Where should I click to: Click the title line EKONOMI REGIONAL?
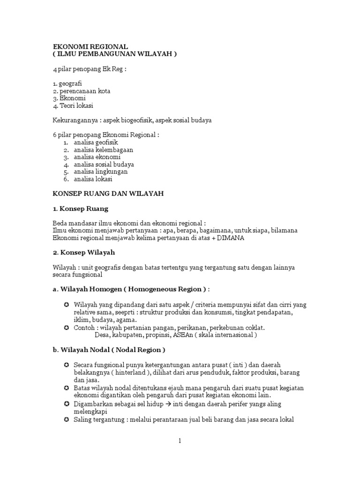(90, 47)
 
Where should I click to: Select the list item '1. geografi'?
(67, 83)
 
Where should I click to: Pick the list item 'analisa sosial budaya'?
(104, 165)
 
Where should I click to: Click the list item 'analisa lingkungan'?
(100, 172)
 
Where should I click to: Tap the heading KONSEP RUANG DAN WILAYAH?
(107, 194)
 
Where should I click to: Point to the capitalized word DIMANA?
(230, 238)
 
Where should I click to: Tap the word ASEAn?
(189, 335)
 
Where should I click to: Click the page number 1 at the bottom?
(180, 441)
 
